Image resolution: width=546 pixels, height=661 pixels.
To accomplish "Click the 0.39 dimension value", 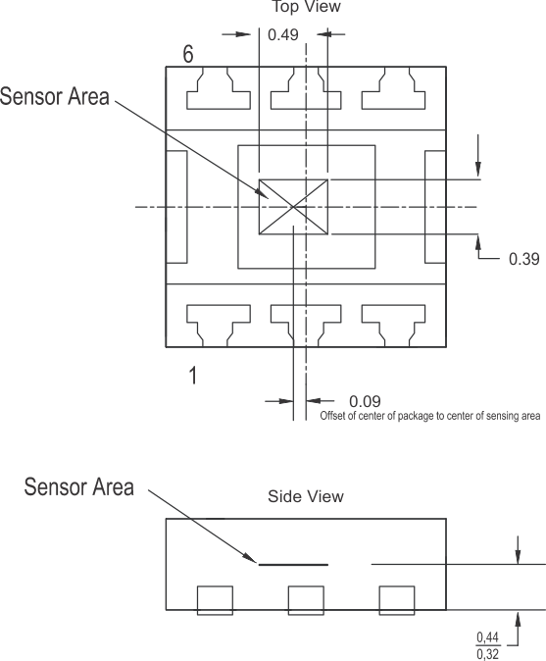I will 523,260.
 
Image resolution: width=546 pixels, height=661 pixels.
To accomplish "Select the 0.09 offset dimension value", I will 365,401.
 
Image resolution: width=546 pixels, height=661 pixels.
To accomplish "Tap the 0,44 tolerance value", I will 487,637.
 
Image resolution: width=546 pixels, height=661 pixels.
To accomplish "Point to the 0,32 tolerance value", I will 487,653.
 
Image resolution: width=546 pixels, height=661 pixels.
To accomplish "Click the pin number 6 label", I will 188,53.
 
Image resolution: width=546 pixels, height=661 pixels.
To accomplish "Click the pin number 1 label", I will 193,375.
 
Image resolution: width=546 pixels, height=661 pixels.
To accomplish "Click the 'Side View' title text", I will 306,496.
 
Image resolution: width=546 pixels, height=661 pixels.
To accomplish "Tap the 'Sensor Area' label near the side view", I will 78,486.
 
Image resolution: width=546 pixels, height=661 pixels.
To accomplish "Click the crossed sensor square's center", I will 293,207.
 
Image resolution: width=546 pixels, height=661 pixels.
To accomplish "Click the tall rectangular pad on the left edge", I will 176,207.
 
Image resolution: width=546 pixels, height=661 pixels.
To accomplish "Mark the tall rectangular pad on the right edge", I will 435,207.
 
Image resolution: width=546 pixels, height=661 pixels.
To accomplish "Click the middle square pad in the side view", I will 305,599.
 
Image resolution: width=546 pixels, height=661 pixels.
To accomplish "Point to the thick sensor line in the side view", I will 293,564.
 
